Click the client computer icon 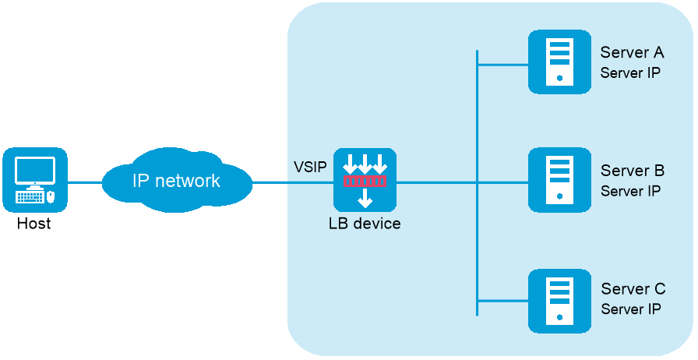point(35,180)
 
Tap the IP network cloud point(177,181)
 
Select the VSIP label point(310,167)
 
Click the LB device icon point(365,180)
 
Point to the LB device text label point(365,224)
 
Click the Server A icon point(559,62)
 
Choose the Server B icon point(559,180)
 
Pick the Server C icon point(559,301)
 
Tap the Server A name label point(632,52)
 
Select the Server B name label point(632,171)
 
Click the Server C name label point(633,290)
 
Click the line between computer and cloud point(85,182)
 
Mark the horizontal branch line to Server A point(502,65)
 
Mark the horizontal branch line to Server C point(502,300)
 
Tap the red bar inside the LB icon point(365,182)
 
